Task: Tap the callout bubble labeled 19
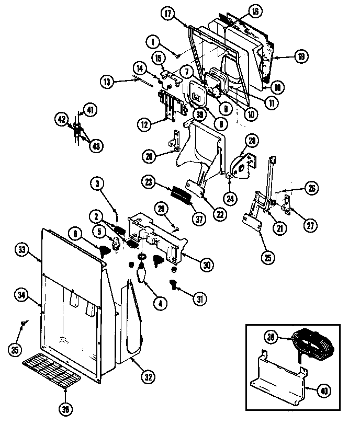[x=301, y=56]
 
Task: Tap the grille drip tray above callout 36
[x=51, y=372]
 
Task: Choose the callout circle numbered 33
[x=22, y=249]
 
